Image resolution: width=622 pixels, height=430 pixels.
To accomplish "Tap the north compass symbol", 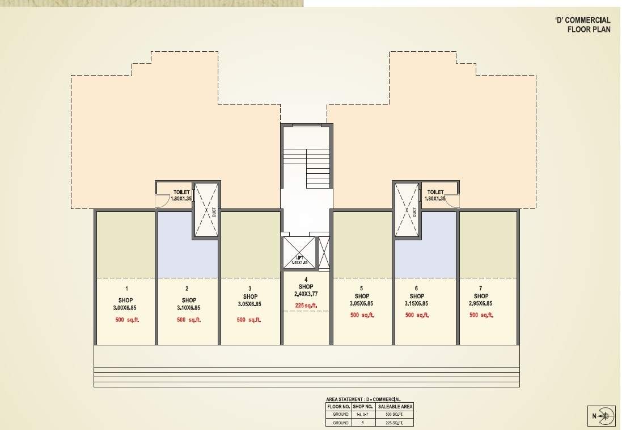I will pyautogui.click(x=604, y=416).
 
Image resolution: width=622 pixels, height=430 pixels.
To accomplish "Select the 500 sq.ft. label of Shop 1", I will pyautogui.click(x=127, y=320).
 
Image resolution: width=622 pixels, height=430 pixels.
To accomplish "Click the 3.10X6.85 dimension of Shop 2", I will pyautogui.click(x=189, y=308).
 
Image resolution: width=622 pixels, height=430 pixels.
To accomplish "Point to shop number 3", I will pyautogui.click(x=250, y=289).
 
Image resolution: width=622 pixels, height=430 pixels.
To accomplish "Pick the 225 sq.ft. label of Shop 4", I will pyautogui.click(x=306, y=306).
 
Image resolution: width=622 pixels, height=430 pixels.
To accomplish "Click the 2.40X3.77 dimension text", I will pyautogui.click(x=306, y=294).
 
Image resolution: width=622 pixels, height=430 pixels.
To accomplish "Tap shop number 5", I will pyautogui.click(x=362, y=289).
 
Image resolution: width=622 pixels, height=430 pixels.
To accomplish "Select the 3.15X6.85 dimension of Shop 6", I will pyautogui.click(x=417, y=304).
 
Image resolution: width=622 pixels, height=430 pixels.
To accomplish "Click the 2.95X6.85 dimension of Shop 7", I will pyautogui.click(x=481, y=304).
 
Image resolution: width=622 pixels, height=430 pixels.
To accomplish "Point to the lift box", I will pyautogui.click(x=298, y=253).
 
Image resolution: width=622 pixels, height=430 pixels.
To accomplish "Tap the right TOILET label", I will pyautogui.click(x=435, y=193).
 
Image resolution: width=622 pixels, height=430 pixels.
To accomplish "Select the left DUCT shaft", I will pyautogui.click(x=205, y=210).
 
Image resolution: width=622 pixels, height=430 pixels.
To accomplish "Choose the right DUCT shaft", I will pyautogui.click(x=407, y=210).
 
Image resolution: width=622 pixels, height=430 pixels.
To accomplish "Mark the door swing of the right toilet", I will pyautogui.click(x=452, y=201).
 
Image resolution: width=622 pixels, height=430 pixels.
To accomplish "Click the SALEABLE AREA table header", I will pyautogui.click(x=395, y=407).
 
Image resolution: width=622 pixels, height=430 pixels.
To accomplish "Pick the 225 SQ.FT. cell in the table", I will pyautogui.click(x=395, y=423).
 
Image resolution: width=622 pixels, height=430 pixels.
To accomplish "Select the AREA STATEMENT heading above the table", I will pyautogui.click(x=363, y=399).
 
